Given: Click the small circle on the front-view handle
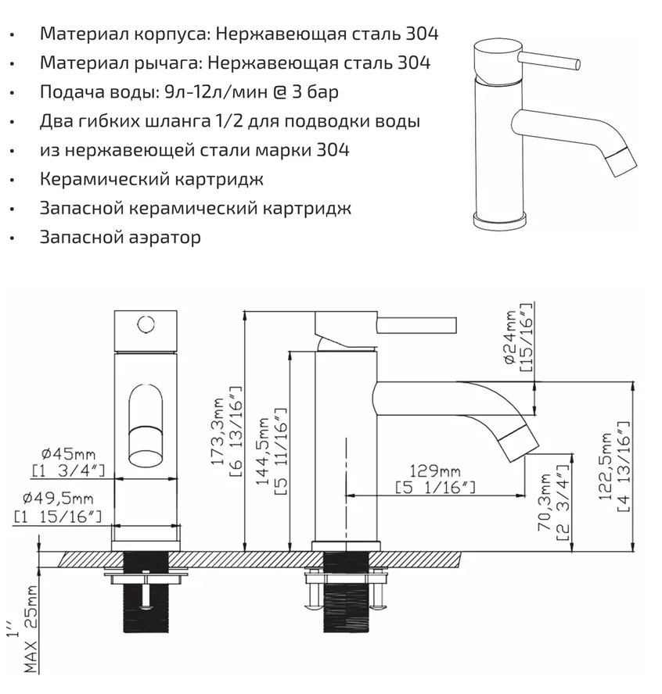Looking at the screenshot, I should [144, 321].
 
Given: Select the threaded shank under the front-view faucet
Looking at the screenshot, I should [146, 594].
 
